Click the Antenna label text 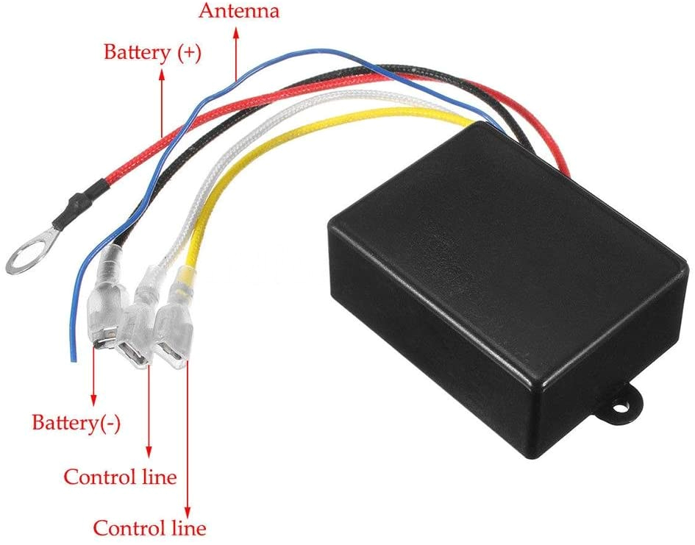(x=239, y=11)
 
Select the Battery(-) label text (x=76, y=423)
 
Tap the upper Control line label (x=120, y=477)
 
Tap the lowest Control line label (x=149, y=527)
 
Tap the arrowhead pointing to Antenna (x=237, y=33)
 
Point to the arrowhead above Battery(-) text (x=93, y=399)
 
